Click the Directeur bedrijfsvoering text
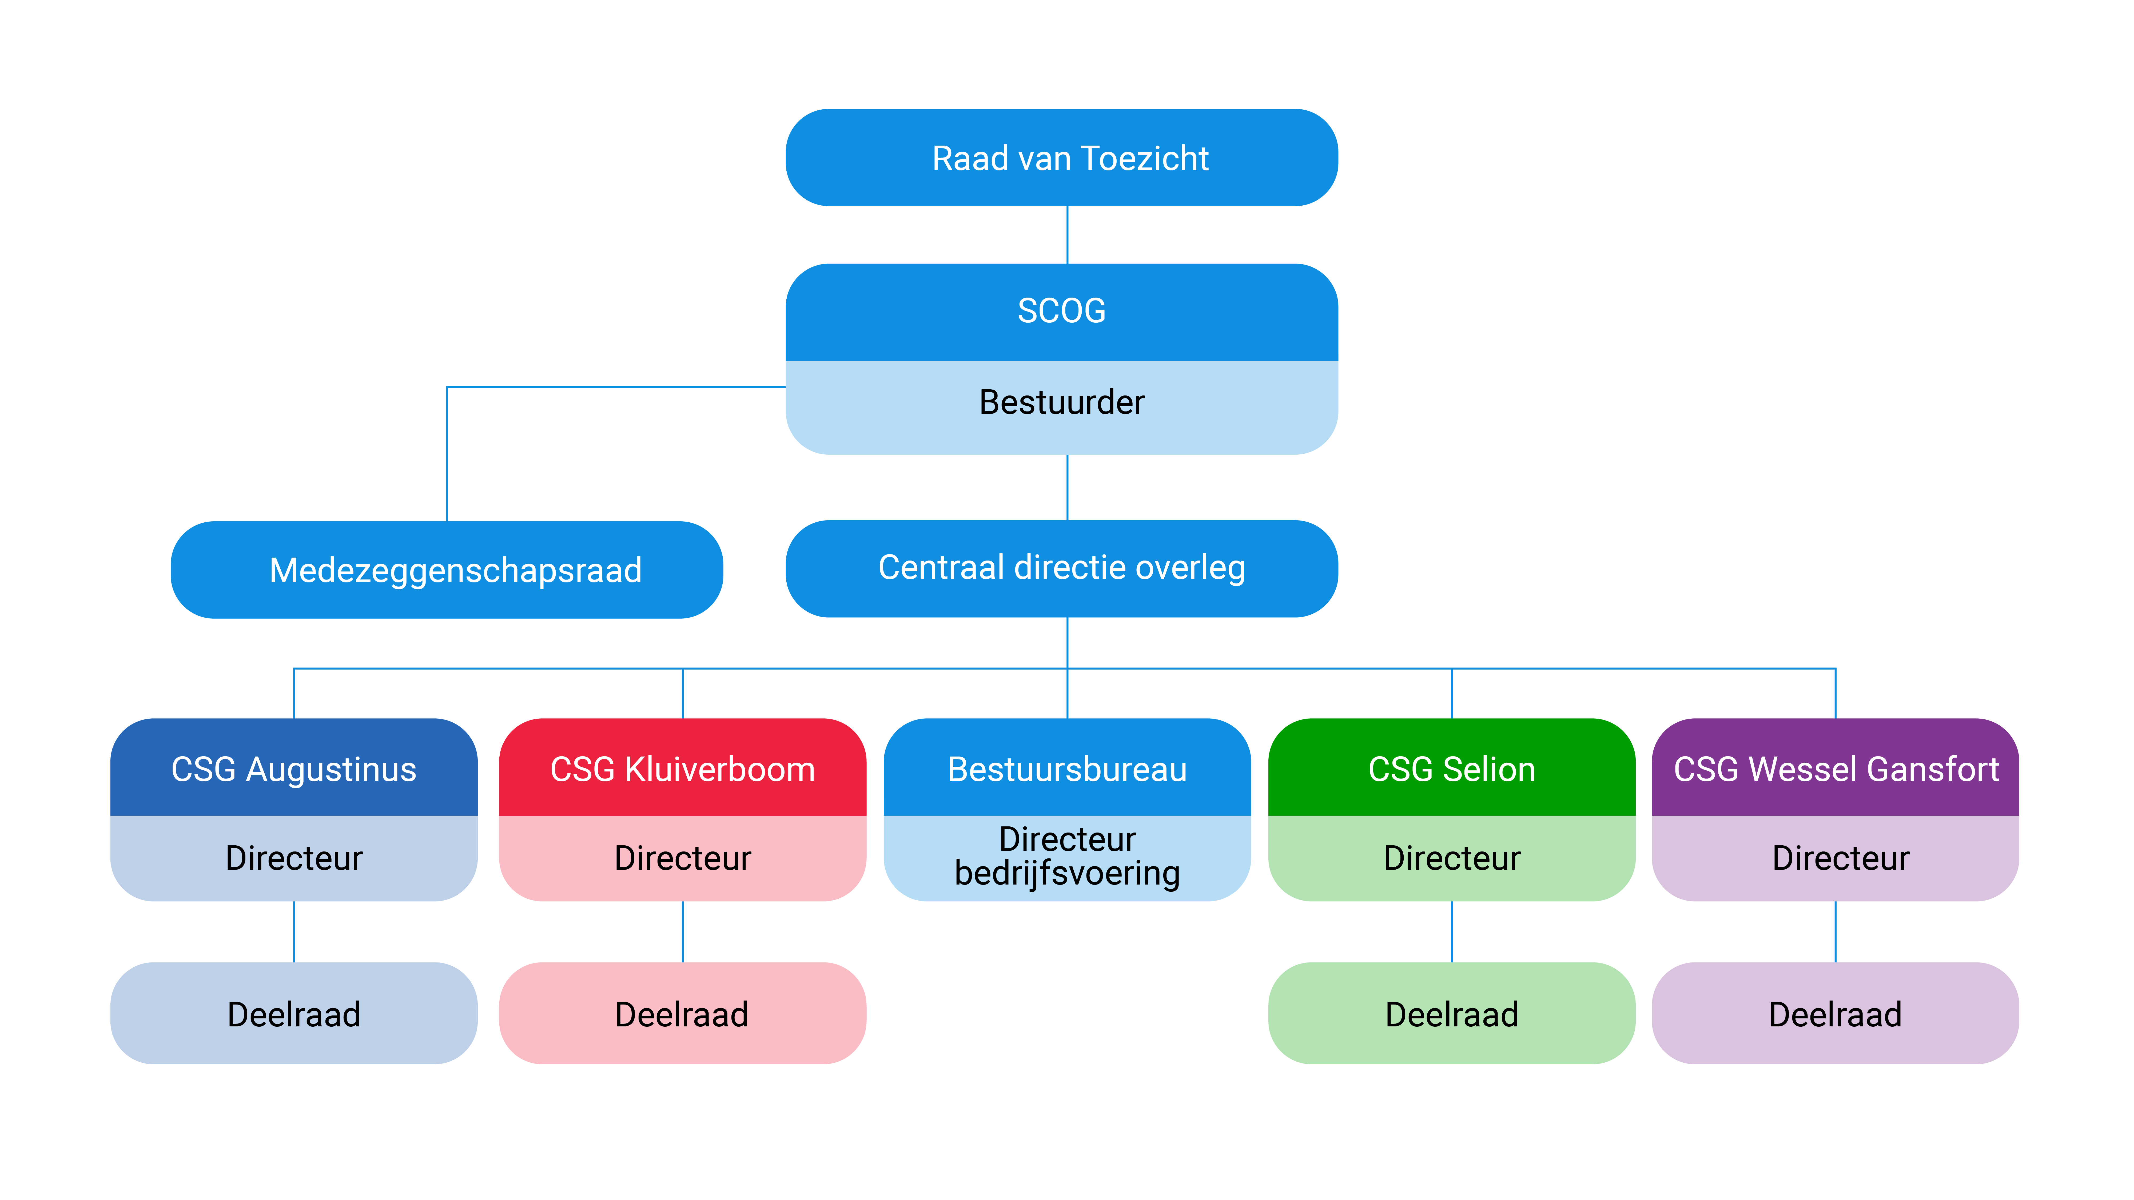(x=1067, y=856)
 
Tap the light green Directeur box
(x=1451, y=858)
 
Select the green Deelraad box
(x=1451, y=1014)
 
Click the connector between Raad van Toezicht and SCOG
(x=1067, y=235)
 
